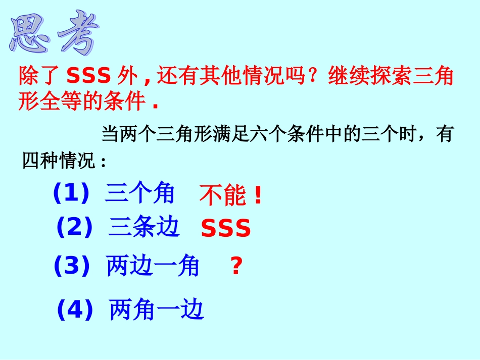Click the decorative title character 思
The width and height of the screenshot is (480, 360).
point(31,33)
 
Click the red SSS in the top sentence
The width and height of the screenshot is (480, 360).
point(88,77)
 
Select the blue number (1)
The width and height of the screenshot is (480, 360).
point(71,193)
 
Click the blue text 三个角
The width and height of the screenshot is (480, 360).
point(139,193)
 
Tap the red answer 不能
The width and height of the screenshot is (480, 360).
point(222,196)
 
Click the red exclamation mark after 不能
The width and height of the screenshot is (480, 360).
point(258,196)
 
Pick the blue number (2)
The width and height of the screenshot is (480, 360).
point(74,227)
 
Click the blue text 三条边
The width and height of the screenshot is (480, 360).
point(144,227)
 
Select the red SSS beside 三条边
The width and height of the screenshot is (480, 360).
point(226,229)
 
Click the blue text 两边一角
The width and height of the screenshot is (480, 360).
point(153,266)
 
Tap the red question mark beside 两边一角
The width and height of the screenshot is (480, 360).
point(236,266)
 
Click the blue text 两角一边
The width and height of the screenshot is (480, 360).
point(157,310)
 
